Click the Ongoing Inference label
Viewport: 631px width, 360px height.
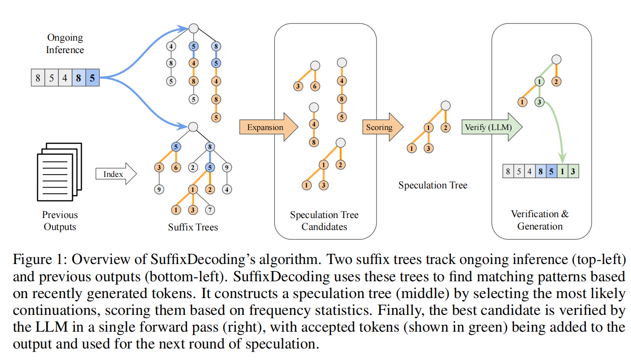pos(65,43)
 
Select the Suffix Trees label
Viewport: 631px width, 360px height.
pos(193,228)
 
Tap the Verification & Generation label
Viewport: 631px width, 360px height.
pos(540,220)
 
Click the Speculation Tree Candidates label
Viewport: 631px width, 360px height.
pos(324,221)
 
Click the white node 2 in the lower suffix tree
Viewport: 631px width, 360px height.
pos(193,168)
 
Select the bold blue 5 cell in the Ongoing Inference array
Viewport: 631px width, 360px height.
pos(92,79)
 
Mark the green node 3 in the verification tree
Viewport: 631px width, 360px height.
pos(539,103)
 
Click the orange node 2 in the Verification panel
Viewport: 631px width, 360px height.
pos(556,81)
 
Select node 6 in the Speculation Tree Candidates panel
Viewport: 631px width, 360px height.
pos(314,86)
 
